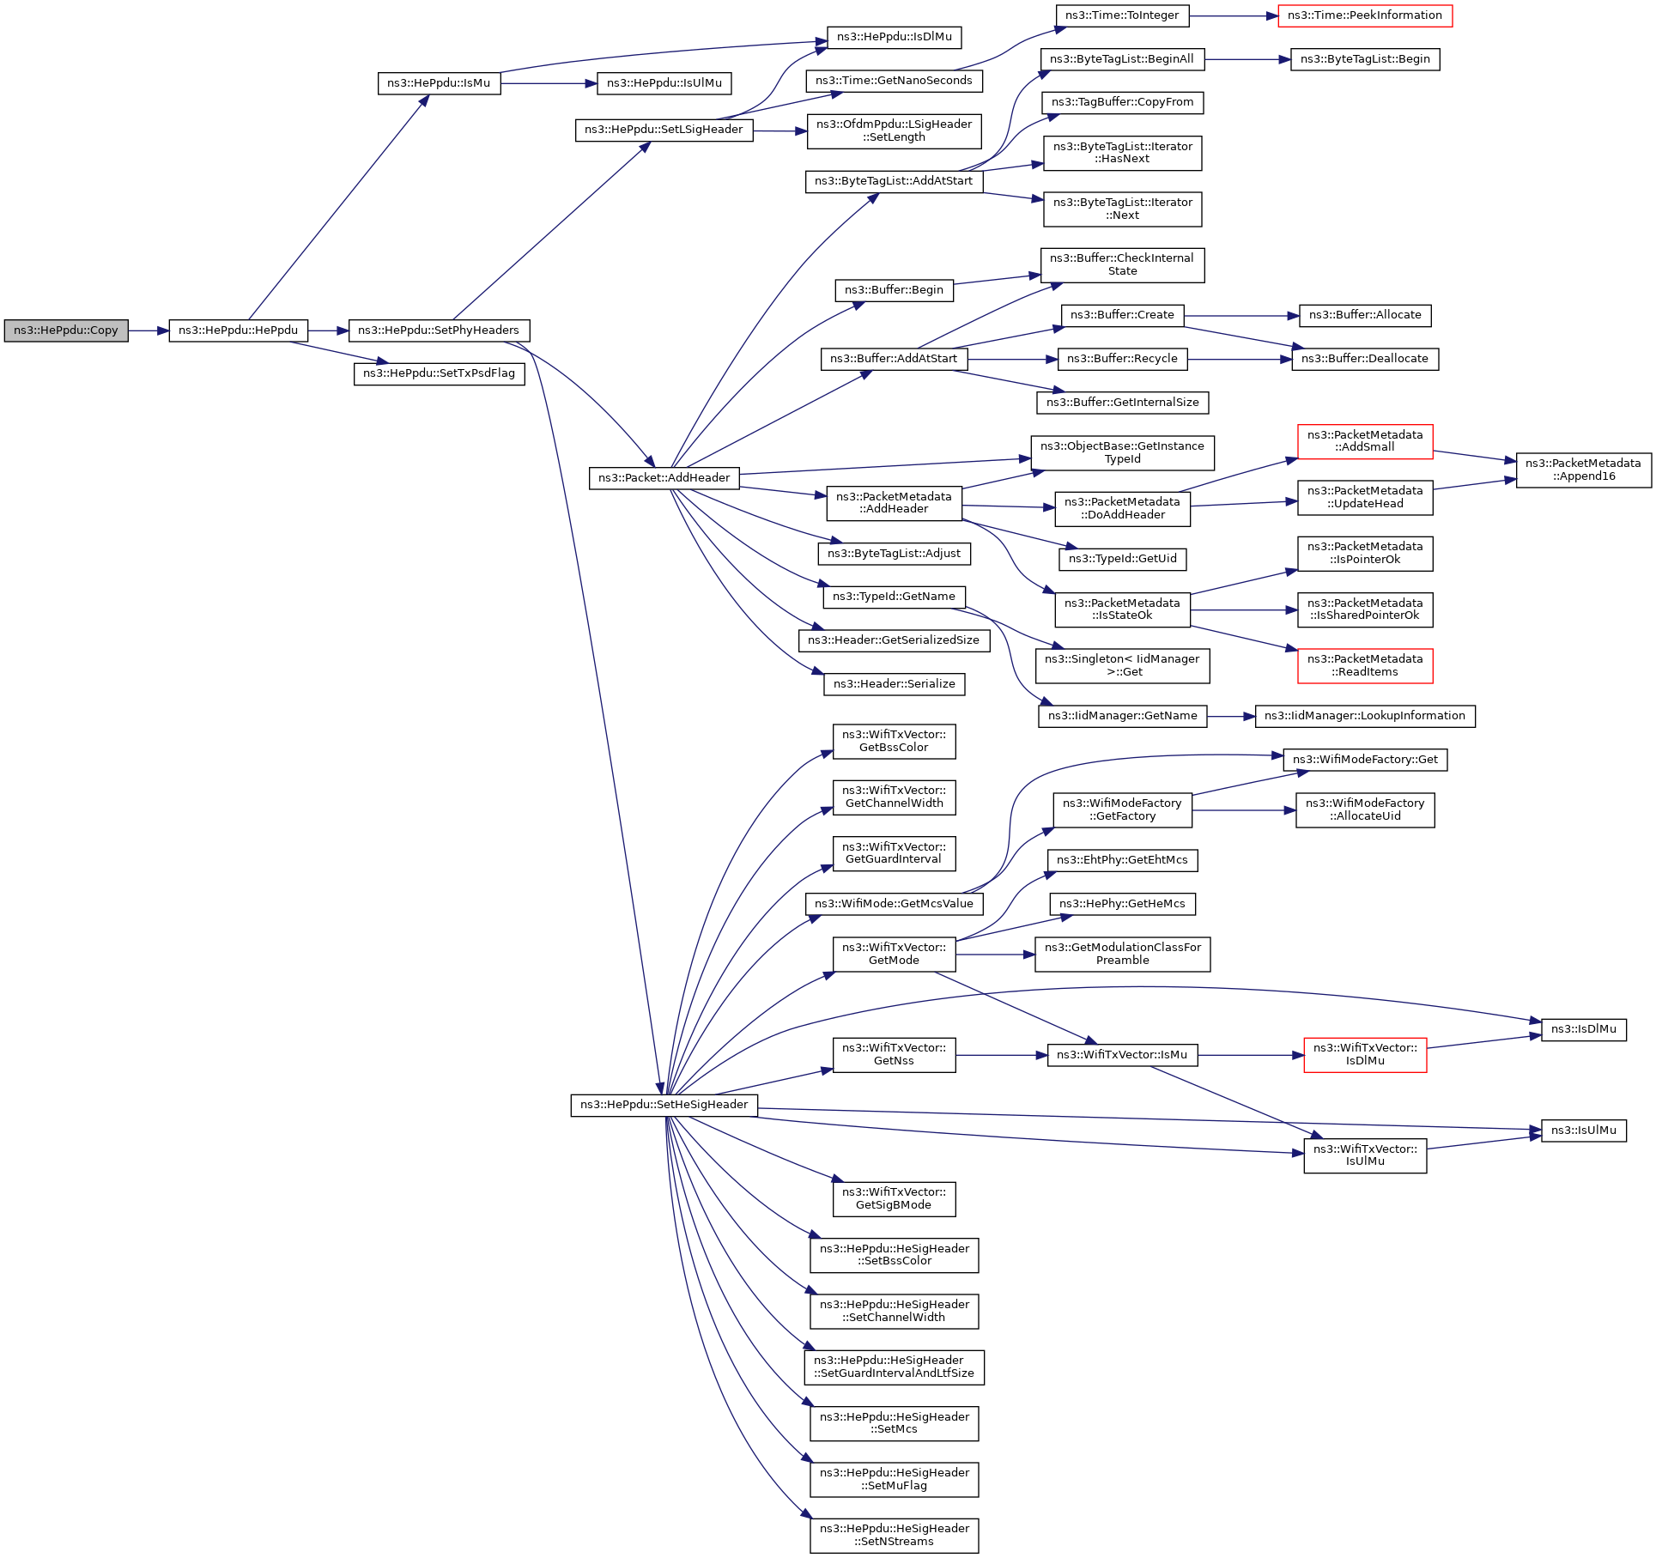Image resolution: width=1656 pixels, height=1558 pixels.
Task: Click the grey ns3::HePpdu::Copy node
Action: (x=66, y=330)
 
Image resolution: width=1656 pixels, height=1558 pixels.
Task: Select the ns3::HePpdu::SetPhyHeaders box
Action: (x=439, y=330)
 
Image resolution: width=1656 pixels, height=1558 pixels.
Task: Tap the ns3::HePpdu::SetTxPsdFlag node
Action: (x=439, y=373)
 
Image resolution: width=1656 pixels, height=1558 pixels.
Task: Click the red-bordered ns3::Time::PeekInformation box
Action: (x=1365, y=15)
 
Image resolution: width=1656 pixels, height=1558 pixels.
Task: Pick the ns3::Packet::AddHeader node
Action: (x=664, y=478)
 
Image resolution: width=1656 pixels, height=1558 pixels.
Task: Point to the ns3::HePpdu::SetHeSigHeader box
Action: (x=664, y=1105)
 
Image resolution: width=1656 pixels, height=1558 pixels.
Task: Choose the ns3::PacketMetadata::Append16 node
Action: (x=1583, y=470)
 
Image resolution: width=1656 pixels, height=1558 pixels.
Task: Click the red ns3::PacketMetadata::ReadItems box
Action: (x=1365, y=665)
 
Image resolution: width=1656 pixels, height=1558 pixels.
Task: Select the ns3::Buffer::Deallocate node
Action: (x=1365, y=359)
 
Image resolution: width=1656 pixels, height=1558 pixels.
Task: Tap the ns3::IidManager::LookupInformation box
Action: (x=1365, y=716)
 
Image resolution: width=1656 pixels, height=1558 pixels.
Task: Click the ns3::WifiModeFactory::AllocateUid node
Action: (x=1365, y=809)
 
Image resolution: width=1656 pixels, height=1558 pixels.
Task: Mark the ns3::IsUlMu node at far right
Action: (x=1583, y=1131)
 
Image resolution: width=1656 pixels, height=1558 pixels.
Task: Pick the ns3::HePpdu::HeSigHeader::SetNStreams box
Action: (x=894, y=1535)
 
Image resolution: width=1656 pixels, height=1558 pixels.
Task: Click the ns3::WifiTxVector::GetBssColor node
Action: (x=894, y=741)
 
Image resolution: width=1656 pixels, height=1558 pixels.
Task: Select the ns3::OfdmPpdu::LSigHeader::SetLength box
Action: (x=894, y=130)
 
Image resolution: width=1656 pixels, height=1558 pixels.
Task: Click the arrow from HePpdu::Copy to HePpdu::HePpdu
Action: (x=149, y=330)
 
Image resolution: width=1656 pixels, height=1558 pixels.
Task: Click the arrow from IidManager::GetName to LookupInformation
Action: (x=1231, y=716)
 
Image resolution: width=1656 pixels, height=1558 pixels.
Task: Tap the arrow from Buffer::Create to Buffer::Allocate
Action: (x=1241, y=316)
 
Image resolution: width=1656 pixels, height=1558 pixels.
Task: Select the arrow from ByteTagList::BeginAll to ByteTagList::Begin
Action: (x=1247, y=59)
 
